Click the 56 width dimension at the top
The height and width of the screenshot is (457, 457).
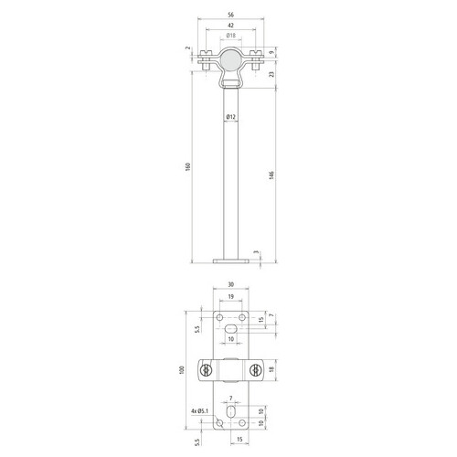coord(231,15)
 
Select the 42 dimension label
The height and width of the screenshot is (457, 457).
coord(231,26)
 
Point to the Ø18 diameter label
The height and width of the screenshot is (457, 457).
coord(231,36)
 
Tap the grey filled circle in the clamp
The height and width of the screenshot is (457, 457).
coord(231,60)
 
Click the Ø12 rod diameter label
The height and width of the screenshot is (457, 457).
coord(231,116)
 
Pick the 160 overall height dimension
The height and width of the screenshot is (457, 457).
coord(188,166)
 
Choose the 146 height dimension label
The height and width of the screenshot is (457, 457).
coord(271,175)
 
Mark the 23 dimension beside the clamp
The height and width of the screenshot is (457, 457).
coord(272,74)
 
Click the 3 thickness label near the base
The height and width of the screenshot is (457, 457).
coord(256,252)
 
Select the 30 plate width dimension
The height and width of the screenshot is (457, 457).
coord(231,284)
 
